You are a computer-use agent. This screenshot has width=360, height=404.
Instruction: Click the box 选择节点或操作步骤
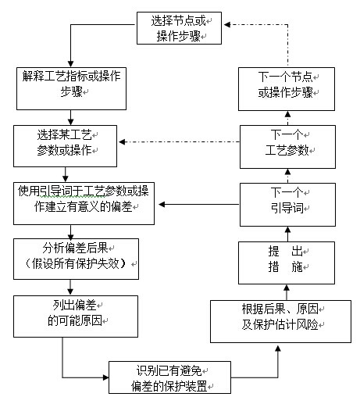pos(179,28)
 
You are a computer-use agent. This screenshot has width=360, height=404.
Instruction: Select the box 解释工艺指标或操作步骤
pos(71,88)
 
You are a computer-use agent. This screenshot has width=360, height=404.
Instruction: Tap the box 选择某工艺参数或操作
pos(65,146)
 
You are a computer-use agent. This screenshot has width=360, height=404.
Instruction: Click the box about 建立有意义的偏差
pos(84,203)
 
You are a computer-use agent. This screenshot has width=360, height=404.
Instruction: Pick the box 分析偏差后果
pos(76,259)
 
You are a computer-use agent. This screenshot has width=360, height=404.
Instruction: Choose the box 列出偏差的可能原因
pos(76,316)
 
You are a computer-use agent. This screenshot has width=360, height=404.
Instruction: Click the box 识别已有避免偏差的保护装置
pos(169,377)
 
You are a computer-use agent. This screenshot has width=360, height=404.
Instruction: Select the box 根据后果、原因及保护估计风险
pos(280,321)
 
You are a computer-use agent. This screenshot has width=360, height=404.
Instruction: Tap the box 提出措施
pos(287,263)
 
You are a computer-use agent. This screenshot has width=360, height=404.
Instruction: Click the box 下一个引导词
pos(287,205)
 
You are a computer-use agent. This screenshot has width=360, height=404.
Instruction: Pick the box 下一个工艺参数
pos(287,147)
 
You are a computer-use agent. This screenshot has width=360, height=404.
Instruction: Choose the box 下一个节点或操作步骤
pos(287,89)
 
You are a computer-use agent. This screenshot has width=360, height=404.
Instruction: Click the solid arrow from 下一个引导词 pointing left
pos(199,204)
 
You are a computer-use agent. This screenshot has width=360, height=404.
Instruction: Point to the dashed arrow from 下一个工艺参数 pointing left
pos(179,141)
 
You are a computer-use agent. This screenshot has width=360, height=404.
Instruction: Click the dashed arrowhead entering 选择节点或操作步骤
pos(227,24)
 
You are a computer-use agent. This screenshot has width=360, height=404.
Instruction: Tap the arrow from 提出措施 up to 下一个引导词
pos(287,234)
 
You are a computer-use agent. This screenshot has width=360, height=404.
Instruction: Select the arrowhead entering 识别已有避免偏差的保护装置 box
pos(105,377)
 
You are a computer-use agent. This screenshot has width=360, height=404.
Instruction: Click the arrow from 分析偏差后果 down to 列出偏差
pos(70,288)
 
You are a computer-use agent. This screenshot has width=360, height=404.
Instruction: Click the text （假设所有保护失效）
pos(76,263)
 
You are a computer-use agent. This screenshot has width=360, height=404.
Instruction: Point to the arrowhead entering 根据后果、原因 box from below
pos(278,349)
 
